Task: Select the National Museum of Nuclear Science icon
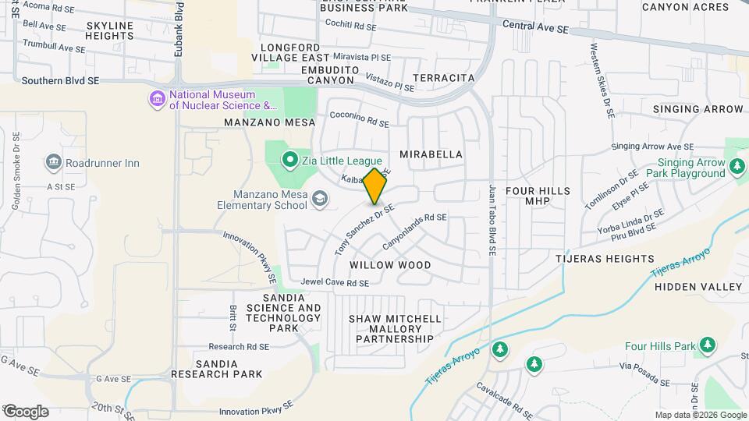tap(158, 99)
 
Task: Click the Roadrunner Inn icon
tap(54, 163)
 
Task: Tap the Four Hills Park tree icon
tap(708, 345)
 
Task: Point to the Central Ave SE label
tap(535, 27)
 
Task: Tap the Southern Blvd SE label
tap(61, 80)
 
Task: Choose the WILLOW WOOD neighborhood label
tap(390, 265)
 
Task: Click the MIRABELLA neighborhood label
tap(431, 154)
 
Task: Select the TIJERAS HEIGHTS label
tap(605, 259)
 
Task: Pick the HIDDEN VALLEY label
tap(698, 287)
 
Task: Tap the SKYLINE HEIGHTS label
tap(110, 30)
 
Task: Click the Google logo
tap(25, 411)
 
